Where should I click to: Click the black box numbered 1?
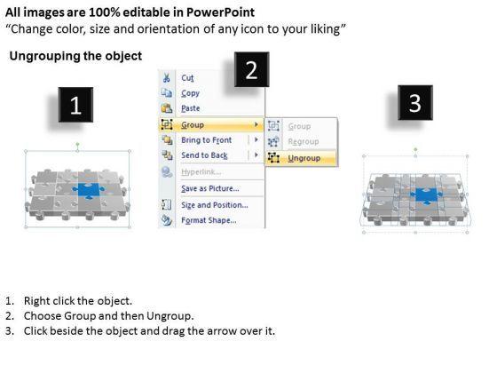pyautogui.click(x=75, y=105)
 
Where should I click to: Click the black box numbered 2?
pyautogui.click(x=252, y=69)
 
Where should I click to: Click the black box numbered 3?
pyautogui.click(x=415, y=102)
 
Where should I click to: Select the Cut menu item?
pyautogui.click(x=187, y=78)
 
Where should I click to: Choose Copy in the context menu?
pyautogui.click(x=190, y=93)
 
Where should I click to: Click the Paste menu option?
pyautogui.click(x=191, y=108)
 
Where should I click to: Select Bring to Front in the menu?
pyautogui.click(x=206, y=140)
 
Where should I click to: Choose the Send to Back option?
pyautogui.click(x=204, y=155)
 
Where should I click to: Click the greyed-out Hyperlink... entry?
pyautogui.click(x=201, y=172)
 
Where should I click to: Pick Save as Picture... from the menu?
pyautogui.click(x=210, y=188)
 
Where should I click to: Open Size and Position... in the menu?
pyautogui.click(x=215, y=205)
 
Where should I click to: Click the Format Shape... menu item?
pyautogui.click(x=209, y=220)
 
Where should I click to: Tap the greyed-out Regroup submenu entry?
pyautogui.click(x=304, y=141)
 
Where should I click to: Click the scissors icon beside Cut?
pyautogui.click(x=167, y=78)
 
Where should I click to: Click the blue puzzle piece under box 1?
pyautogui.click(x=88, y=191)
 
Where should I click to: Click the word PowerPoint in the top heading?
pyautogui.click(x=220, y=12)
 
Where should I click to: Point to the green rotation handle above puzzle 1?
pyautogui.click(x=78, y=145)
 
